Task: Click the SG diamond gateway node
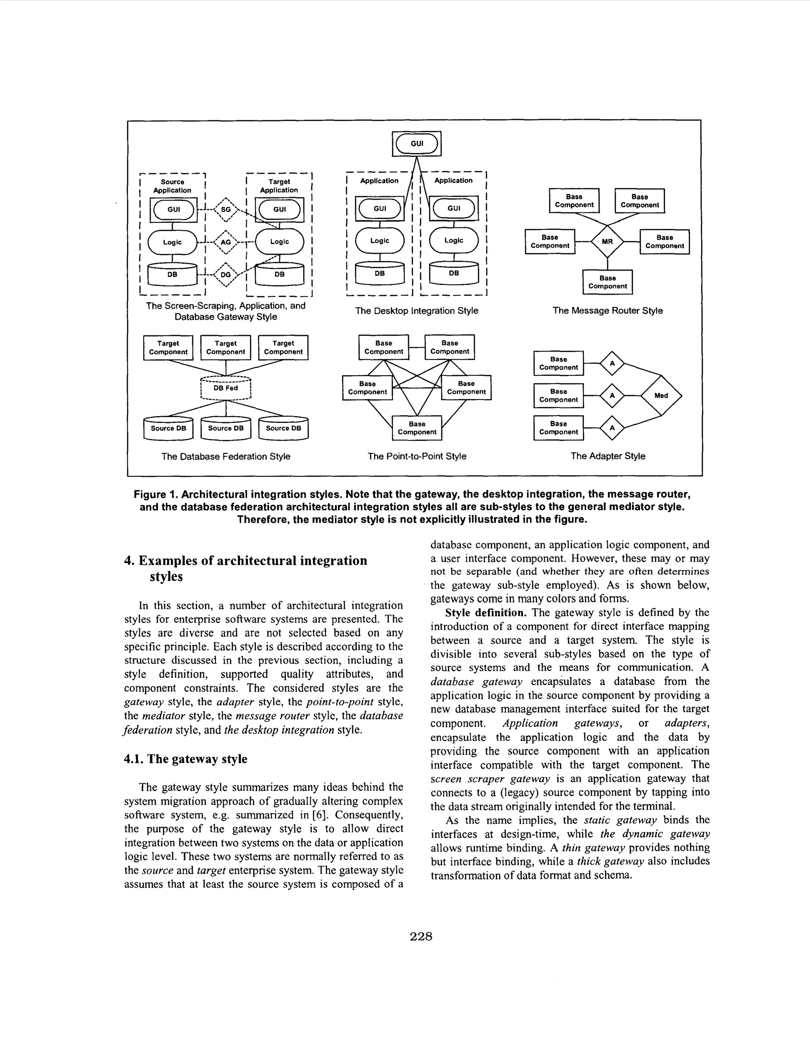pyautogui.click(x=226, y=210)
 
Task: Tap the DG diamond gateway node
pyautogui.click(x=226, y=275)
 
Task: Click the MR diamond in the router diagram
pyautogui.click(x=607, y=242)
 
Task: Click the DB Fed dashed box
pyautogui.click(x=225, y=388)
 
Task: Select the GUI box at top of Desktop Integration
pyautogui.click(x=417, y=144)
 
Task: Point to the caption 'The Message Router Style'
pyautogui.click(x=607, y=311)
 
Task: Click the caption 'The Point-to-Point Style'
pyautogui.click(x=417, y=456)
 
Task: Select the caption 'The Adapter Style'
pyautogui.click(x=607, y=456)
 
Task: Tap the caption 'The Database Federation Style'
pyautogui.click(x=225, y=456)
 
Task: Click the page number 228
pyautogui.click(x=421, y=936)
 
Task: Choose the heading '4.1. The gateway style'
pyautogui.click(x=185, y=759)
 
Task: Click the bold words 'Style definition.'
pyautogui.click(x=486, y=613)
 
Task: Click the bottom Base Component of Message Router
pyautogui.click(x=607, y=282)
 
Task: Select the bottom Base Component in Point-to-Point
pyautogui.click(x=417, y=428)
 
